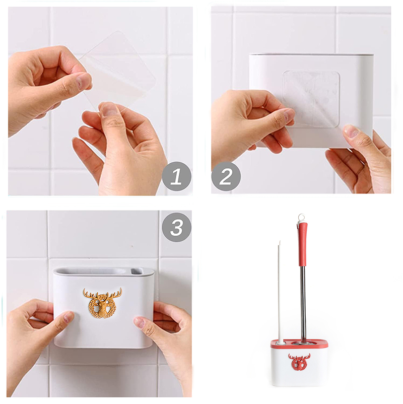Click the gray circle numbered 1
pyautogui.click(x=177, y=176)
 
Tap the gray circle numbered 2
pyautogui.click(x=226, y=176)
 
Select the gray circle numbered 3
pyautogui.click(x=176, y=227)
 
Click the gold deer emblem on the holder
pyautogui.click(x=102, y=303)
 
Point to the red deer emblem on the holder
pyautogui.click(x=299, y=362)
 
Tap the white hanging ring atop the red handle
pyautogui.click(x=301, y=218)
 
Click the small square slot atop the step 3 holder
pyautogui.click(x=137, y=272)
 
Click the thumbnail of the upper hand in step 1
pyautogui.click(x=83, y=81)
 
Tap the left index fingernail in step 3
pyautogui.click(x=69, y=316)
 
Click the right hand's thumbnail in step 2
pyautogui.click(x=351, y=131)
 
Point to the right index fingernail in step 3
pyautogui.click(x=139, y=322)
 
